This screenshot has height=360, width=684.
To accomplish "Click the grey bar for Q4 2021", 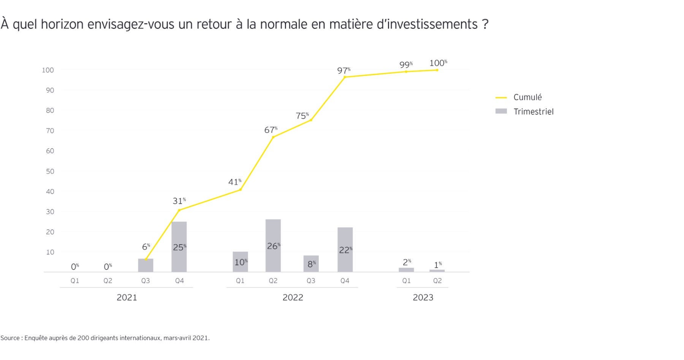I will coord(179,246).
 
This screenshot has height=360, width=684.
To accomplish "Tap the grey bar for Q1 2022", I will coord(240,262).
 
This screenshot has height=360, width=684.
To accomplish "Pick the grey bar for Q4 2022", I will coord(345,249).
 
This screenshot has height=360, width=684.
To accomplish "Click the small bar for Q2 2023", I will coord(437,271).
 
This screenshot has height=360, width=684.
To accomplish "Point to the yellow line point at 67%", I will coord(273,137).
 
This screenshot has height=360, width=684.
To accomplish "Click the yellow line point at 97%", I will coord(345,77).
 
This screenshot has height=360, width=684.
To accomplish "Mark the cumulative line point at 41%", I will coord(240,189).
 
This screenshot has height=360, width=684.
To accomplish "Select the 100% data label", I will coord(438,63).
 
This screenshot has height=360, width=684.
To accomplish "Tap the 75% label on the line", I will coord(302,116).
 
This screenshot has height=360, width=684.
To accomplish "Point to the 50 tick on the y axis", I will coord(50,171).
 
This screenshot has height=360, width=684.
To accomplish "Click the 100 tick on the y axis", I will coord(48,70).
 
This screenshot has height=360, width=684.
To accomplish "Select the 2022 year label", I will coord(293,297).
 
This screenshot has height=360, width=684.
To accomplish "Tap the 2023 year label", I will coord(423,297).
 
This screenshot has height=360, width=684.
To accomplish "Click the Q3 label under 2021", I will coord(146,281).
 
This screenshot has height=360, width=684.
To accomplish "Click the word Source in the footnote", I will coord(10,338).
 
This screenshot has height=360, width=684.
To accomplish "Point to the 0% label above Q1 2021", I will coord(75,267).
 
